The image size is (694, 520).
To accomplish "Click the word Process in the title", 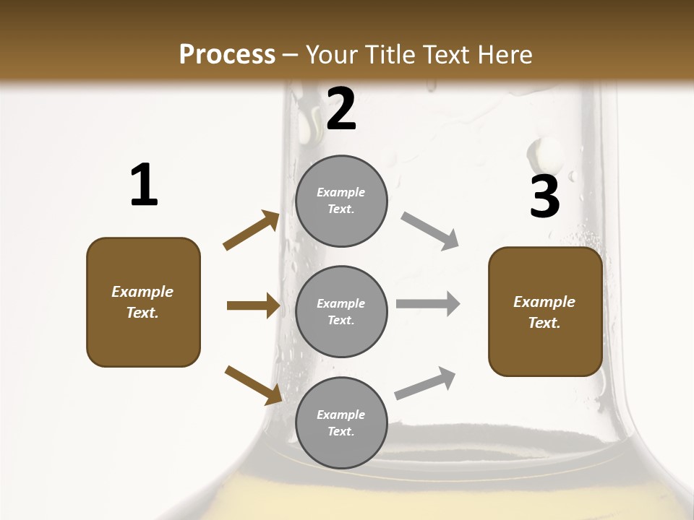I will coord(227,55).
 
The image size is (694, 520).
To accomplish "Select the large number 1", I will coord(144,185).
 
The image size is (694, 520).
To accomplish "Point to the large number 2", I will coord(341,109).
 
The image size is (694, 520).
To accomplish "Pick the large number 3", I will coord(544,196).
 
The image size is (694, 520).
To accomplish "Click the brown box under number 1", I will coord(143,302).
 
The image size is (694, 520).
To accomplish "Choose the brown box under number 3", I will coord(545,312).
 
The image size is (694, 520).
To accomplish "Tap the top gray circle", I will coord(341,201).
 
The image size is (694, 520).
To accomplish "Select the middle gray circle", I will coord(341,311).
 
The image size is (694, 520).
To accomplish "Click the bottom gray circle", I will coord(341,422).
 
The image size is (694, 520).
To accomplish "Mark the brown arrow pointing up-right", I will coord(252,230).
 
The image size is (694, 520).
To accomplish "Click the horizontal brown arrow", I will coord(253,306).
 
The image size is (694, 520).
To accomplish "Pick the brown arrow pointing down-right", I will coord(253,385).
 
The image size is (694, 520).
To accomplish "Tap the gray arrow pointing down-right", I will coord(430,231).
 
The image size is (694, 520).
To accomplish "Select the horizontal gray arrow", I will coord(428,304).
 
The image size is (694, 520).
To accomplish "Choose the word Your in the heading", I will coord(330,55).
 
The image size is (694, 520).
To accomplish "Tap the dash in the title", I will coord(291,55).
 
